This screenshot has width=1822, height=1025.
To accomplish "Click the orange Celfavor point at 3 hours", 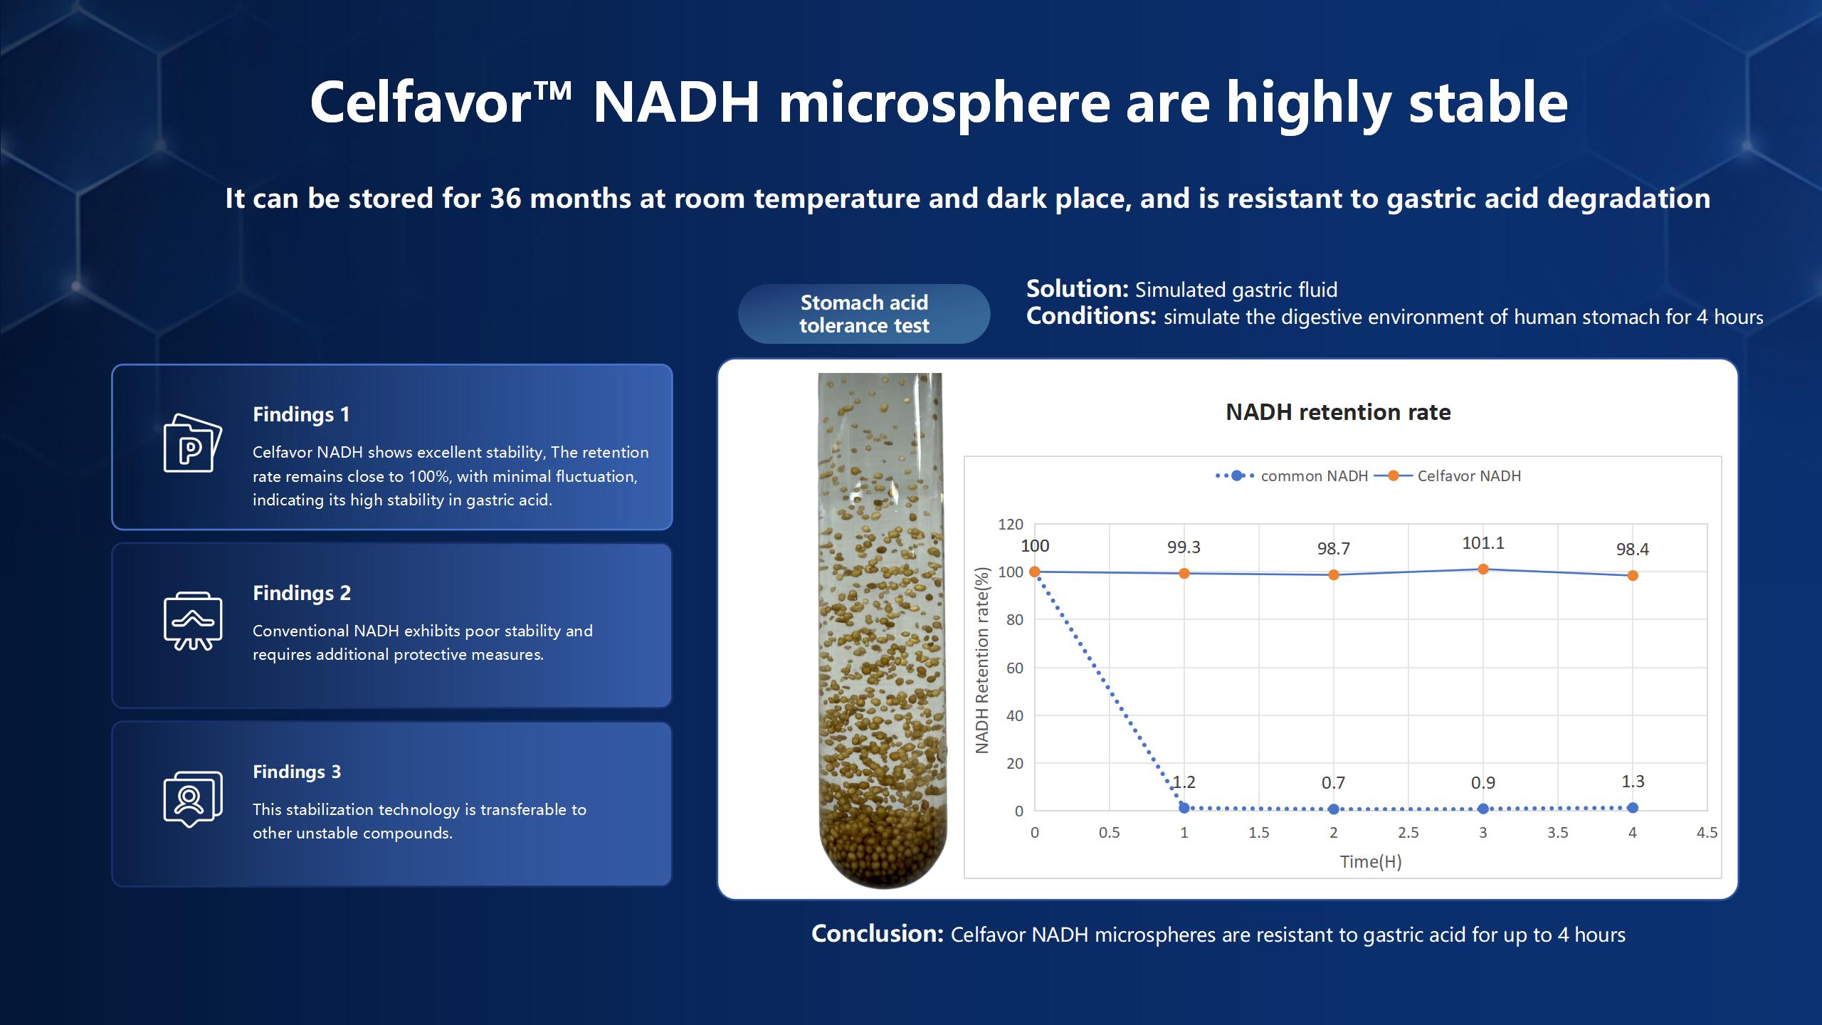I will [1483, 569].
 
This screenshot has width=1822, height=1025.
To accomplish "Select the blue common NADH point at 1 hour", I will [1184, 808].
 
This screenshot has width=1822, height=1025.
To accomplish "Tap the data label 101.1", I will [1483, 543].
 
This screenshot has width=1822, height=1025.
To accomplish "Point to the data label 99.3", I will [1184, 547].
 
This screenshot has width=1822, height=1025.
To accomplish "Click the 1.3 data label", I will [1633, 782].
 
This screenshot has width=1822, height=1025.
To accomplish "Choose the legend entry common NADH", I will [1314, 476].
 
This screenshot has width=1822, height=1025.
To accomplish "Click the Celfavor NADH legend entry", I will [1468, 476].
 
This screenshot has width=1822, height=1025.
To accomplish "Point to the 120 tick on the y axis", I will [1011, 525].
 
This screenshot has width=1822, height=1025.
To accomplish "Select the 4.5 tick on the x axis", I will [1707, 833].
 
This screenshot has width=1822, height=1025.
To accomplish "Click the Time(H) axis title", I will [1371, 862].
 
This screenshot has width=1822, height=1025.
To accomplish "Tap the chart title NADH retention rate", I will [1338, 412].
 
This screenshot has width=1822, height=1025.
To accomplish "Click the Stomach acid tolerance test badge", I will [864, 314].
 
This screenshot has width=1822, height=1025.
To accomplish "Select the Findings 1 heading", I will [301, 414].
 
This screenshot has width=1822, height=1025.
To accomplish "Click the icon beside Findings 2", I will [193, 621].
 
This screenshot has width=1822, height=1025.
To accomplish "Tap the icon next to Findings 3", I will [193, 799].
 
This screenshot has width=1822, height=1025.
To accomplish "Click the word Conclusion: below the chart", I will [878, 934].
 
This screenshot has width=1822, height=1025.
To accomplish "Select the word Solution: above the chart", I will [1077, 289].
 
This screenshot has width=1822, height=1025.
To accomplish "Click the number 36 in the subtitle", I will [505, 199].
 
